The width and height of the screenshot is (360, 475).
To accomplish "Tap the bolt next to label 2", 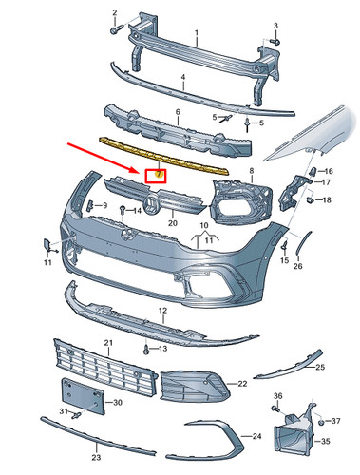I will (x=115, y=30).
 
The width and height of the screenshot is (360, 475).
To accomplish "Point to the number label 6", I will (x=177, y=112).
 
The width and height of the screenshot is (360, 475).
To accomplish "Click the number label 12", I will (x=162, y=311).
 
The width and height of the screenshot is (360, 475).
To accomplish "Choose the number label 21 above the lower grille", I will (x=107, y=342).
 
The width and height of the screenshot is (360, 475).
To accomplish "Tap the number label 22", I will (x=243, y=383).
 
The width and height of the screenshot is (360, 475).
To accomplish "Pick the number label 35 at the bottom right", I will (x=324, y=442).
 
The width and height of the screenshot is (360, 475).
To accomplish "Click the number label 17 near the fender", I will (x=326, y=182).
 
